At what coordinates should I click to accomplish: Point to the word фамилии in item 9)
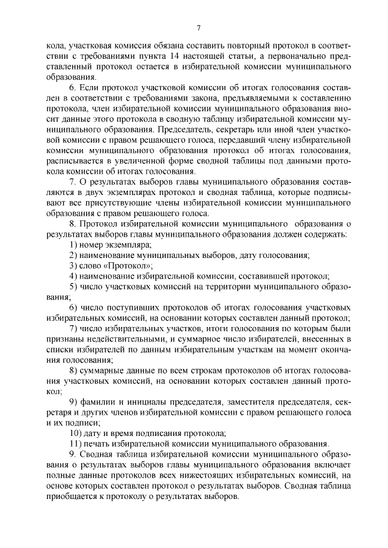click(98, 401)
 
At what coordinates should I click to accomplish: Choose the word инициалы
click(150, 401)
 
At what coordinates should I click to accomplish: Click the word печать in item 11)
click(97, 444)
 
